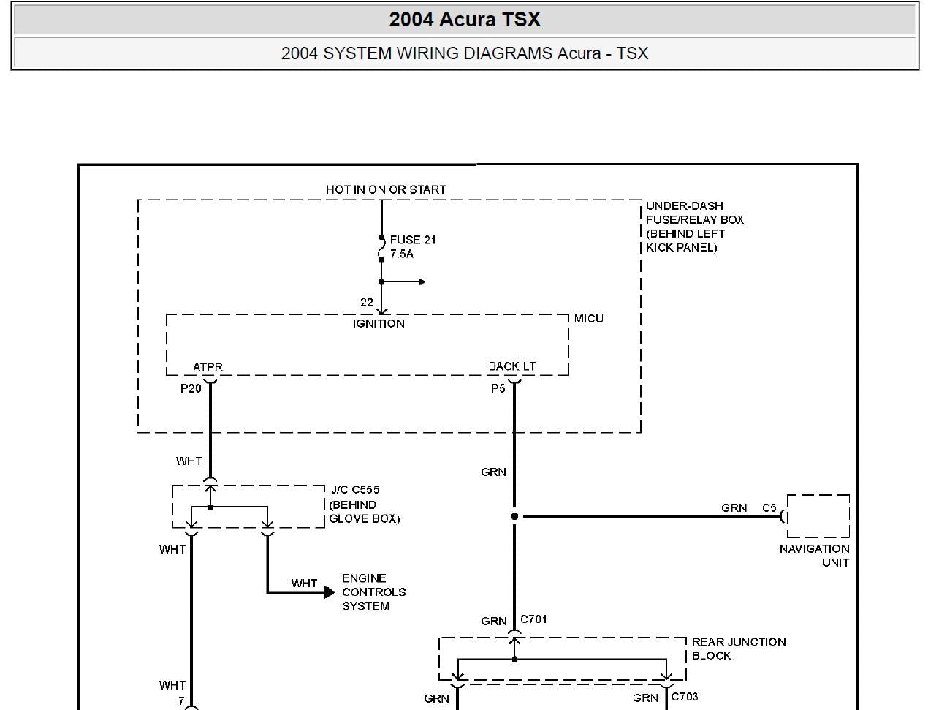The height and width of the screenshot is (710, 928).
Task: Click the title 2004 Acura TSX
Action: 465,19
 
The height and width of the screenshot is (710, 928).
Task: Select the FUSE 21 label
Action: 413,240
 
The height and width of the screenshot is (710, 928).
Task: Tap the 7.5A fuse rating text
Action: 402,254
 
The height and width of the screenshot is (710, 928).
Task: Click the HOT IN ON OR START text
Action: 386,189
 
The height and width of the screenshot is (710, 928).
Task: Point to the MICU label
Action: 589,319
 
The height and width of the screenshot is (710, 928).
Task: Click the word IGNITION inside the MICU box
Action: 379,323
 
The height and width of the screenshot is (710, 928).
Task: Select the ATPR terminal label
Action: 208,367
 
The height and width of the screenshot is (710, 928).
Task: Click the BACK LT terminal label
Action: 512,366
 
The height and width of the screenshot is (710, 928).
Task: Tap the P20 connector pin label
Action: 191,388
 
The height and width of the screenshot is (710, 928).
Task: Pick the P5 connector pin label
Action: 498,388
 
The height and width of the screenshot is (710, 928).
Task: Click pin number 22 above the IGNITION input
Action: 367,302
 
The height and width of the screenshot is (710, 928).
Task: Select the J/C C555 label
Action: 355,490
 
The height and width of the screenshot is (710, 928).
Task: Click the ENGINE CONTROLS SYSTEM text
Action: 373,592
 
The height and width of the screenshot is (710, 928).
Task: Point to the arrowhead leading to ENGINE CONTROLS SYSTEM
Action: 330,592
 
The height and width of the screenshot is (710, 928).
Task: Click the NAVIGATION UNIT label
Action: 814,555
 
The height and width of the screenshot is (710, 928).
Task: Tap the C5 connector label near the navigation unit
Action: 769,507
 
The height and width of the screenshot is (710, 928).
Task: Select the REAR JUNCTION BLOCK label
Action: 739,648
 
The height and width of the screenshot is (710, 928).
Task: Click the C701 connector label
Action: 533,619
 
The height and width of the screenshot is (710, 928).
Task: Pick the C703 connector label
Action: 685,696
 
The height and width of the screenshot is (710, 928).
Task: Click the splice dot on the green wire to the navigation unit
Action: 514,516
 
